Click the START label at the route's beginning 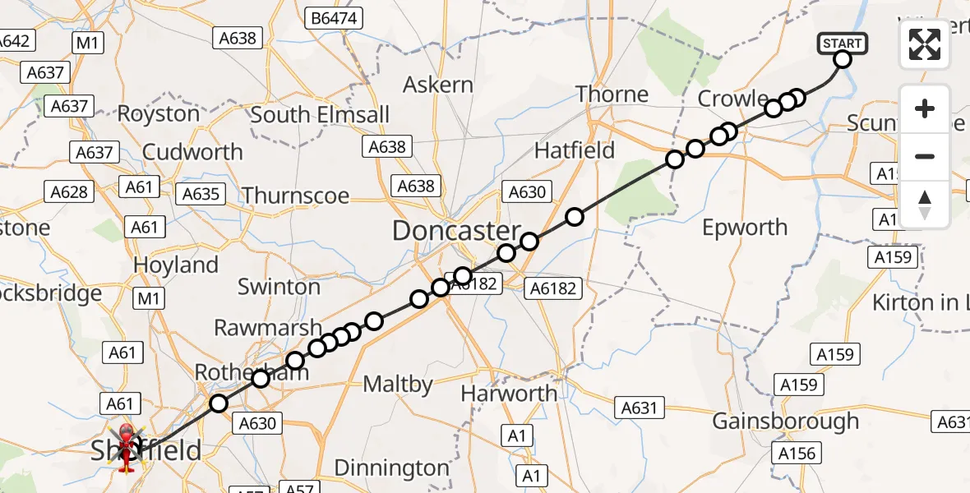pos(843,43)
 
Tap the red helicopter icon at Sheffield pos(126,448)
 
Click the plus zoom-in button pos(925,109)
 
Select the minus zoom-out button pos(925,156)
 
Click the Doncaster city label pos(456,231)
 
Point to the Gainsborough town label pos(785,422)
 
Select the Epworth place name pos(744,228)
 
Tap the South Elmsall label pos(320,115)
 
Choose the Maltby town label pos(398,384)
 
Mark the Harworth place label pos(508,394)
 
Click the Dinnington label pos(392,468)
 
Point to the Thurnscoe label pos(295,196)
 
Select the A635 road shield pos(201,194)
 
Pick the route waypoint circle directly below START pos(843,58)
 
